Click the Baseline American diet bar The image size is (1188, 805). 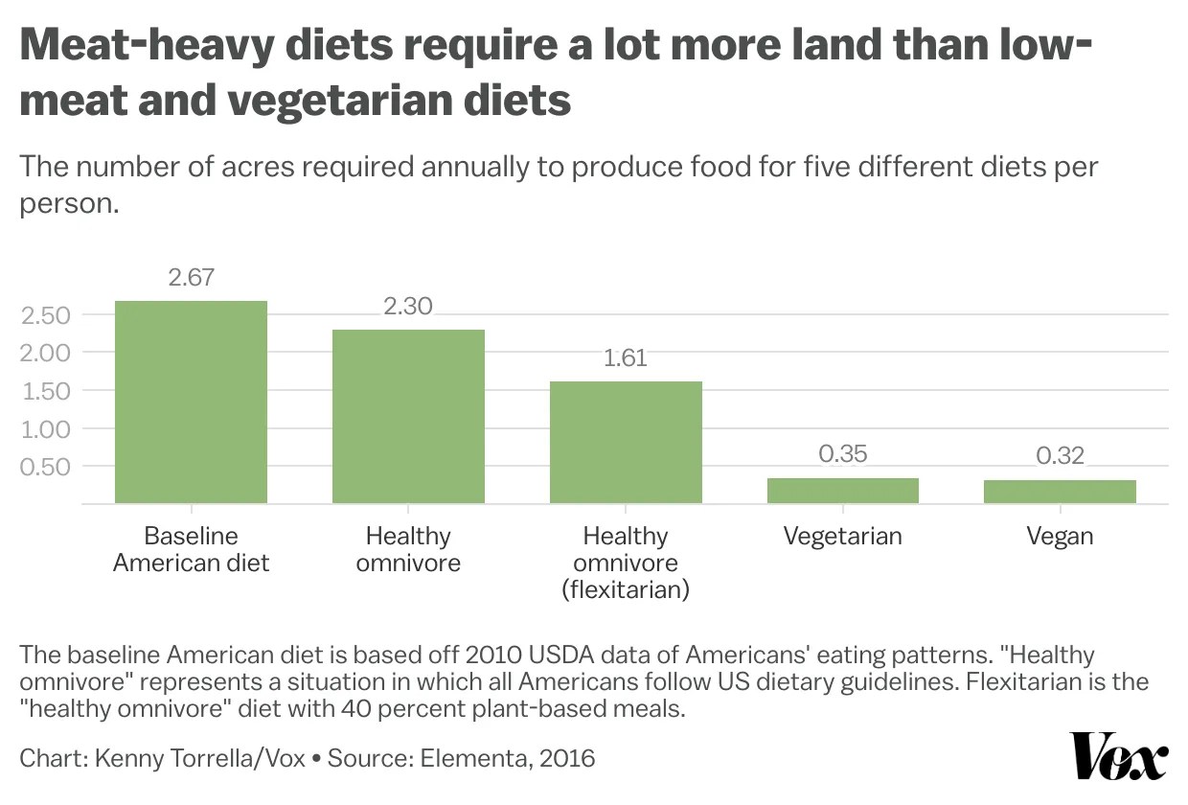pos(191,402)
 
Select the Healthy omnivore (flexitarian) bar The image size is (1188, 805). pos(626,442)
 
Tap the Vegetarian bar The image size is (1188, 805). pos(843,490)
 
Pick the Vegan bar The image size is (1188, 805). pos(1060,491)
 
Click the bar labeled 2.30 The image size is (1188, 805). pos(408,416)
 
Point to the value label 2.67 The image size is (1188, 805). pos(191,278)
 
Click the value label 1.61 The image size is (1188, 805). pos(626,358)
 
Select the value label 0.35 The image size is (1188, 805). pos(843,453)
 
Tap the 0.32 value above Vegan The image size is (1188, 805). pos(1060,455)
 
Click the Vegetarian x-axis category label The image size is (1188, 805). pos(843,536)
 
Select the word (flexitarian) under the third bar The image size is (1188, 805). pos(626,589)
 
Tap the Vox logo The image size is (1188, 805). pos(1118,757)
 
